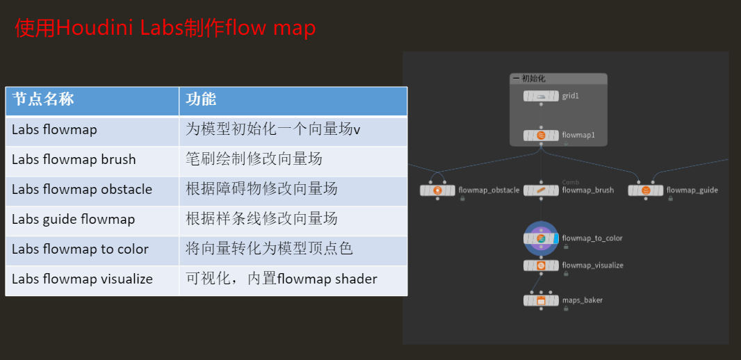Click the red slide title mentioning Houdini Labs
click(x=165, y=28)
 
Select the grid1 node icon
click(x=541, y=96)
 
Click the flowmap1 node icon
click(x=541, y=135)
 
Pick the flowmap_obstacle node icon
click(x=437, y=190)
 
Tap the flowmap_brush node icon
click(x=541, y=190)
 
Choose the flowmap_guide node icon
click(x=646, y=190)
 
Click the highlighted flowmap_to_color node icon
click(x=541, y=238)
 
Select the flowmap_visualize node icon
click(x=541, y=265)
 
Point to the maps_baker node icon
click(x=541, y=300)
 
